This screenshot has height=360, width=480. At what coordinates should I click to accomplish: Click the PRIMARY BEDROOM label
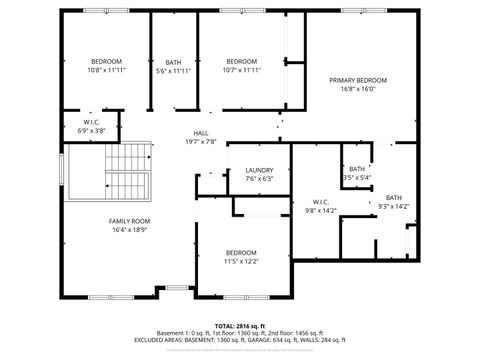coord(358,80)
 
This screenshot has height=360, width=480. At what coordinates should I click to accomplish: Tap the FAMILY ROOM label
coord(130,221)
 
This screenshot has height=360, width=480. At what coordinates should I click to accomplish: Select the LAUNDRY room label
coord(259,170)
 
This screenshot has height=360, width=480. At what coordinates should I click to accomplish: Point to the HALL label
coord(201,133)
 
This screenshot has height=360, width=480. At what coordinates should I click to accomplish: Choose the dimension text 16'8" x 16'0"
coord(358,89)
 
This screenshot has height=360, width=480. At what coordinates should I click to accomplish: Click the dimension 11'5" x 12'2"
coord(242,261)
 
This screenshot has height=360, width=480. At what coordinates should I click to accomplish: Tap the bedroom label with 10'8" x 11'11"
coord(106,61)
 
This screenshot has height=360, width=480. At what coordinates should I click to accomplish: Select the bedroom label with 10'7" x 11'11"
coord(242,61)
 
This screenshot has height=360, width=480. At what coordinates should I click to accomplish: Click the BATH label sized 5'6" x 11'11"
coord(174,61)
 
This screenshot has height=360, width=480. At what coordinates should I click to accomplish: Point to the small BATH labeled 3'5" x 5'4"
coord(357,169)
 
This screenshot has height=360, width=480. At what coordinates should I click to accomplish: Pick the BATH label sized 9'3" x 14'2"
coord(394,197)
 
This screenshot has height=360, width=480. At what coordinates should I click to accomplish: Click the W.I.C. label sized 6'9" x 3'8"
coord(92,122)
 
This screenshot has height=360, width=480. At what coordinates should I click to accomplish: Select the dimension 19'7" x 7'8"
coord(201,142)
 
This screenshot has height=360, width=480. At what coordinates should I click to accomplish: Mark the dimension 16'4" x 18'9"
coord(130,230)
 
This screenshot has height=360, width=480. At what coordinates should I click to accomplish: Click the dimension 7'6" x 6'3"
coord(259,179)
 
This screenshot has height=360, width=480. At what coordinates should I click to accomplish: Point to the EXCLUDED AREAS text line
coord(240,340)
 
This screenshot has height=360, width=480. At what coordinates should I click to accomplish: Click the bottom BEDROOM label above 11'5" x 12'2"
coord(242,252)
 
